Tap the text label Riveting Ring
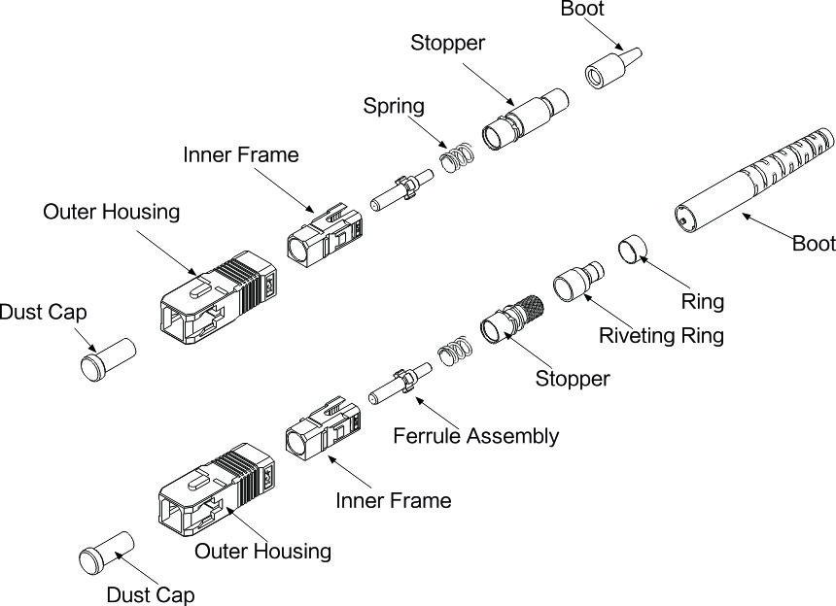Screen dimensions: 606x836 coord(661,336)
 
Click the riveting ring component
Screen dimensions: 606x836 coord(573,286)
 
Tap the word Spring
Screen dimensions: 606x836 coord(394,105)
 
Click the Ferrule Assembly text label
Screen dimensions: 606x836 coord(475,435)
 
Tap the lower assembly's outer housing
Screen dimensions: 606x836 coord(220,490)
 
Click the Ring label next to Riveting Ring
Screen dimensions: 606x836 coord(702,301)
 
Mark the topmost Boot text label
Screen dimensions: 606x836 coord(582,10)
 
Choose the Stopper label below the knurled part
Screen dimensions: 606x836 coord(573,378)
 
